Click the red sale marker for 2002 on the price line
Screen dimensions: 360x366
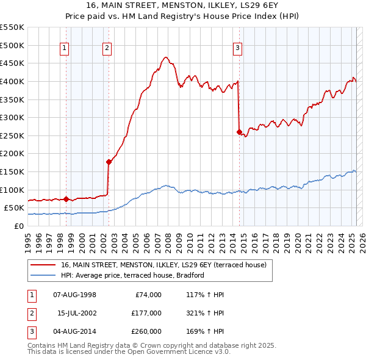tap(109, 162)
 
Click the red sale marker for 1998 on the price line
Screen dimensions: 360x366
tap(66, 199)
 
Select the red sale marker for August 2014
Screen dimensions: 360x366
tap(239, 132)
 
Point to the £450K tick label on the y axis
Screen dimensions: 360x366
tap(12, 63)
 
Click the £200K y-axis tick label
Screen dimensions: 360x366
tap(12, 153)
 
